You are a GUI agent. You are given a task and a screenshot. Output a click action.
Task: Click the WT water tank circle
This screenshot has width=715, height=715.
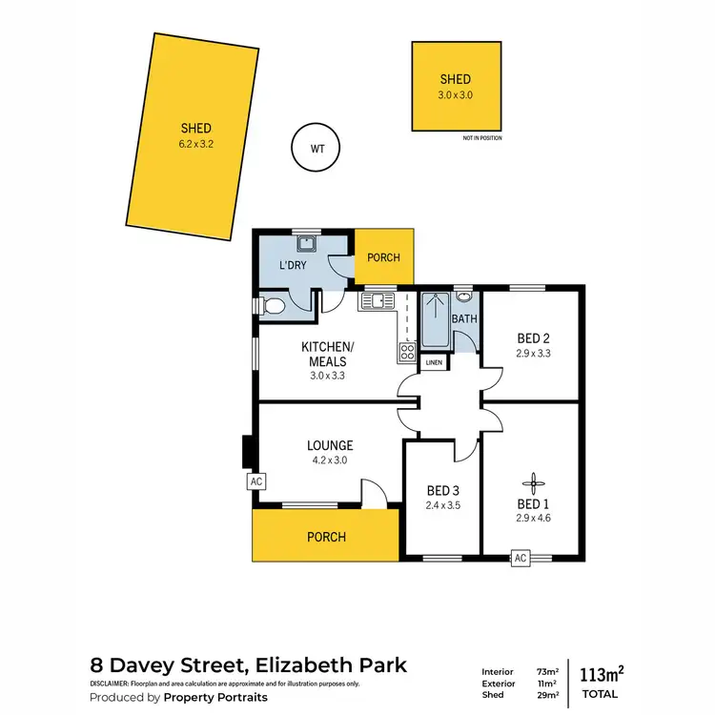coord(315,148)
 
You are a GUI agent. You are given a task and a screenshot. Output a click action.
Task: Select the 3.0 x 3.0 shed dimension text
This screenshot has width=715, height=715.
coord(456,95)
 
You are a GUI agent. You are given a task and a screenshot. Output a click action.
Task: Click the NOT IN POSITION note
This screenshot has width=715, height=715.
coord(482,138)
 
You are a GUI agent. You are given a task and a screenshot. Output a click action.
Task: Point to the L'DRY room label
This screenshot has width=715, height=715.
coord(292,265)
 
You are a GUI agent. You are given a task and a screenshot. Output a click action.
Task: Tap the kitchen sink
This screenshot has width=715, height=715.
coord(377,302)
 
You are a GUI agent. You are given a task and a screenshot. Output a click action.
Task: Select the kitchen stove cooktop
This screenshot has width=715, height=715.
coord(407,352)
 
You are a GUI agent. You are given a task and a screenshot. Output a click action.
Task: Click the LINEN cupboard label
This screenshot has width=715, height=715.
coord(434,363)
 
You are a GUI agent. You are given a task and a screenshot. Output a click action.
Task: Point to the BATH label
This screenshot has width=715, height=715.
coord(464,319)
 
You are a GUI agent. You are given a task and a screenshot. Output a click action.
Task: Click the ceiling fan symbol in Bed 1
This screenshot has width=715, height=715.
coord(533,483)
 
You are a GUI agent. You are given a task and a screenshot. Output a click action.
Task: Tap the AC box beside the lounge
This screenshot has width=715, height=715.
coord(255,481)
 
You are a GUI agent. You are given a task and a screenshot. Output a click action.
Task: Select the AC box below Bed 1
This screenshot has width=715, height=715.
coord(521,559)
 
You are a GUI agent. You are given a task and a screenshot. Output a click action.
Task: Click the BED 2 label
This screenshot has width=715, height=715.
coord(533,338)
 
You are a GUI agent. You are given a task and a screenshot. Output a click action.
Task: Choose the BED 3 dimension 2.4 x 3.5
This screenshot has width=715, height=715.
coord(444,505)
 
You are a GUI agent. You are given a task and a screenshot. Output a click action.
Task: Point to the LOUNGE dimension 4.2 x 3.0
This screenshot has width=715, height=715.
coord(330,460)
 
